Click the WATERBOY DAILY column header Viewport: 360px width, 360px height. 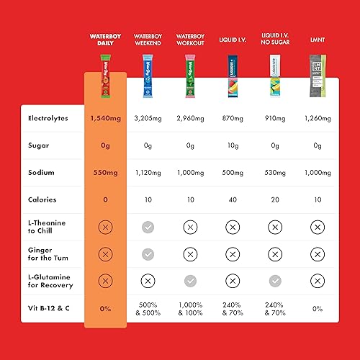(x=105, y=39)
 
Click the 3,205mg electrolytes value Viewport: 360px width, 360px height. (x=148, y=118)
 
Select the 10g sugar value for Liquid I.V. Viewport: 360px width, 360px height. (x=233, y=145)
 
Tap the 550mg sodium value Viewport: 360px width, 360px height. (x=105, y=173)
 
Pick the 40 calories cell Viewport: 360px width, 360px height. (x=233, y=199)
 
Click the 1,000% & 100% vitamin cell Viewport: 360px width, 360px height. (x=190, y=308)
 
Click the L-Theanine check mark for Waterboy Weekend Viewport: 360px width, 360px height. (x=148, y=227)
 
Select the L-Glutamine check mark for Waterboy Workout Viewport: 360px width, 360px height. (x=190, y=281)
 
